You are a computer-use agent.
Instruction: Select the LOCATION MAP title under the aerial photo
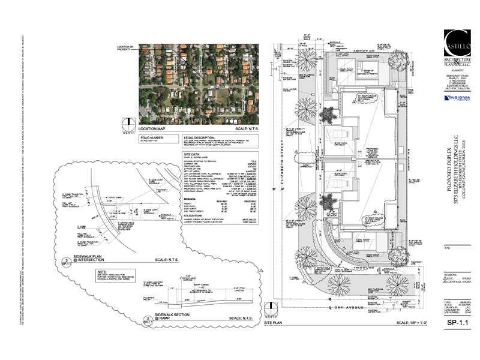155,129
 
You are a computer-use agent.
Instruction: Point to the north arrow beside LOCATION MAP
127,124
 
